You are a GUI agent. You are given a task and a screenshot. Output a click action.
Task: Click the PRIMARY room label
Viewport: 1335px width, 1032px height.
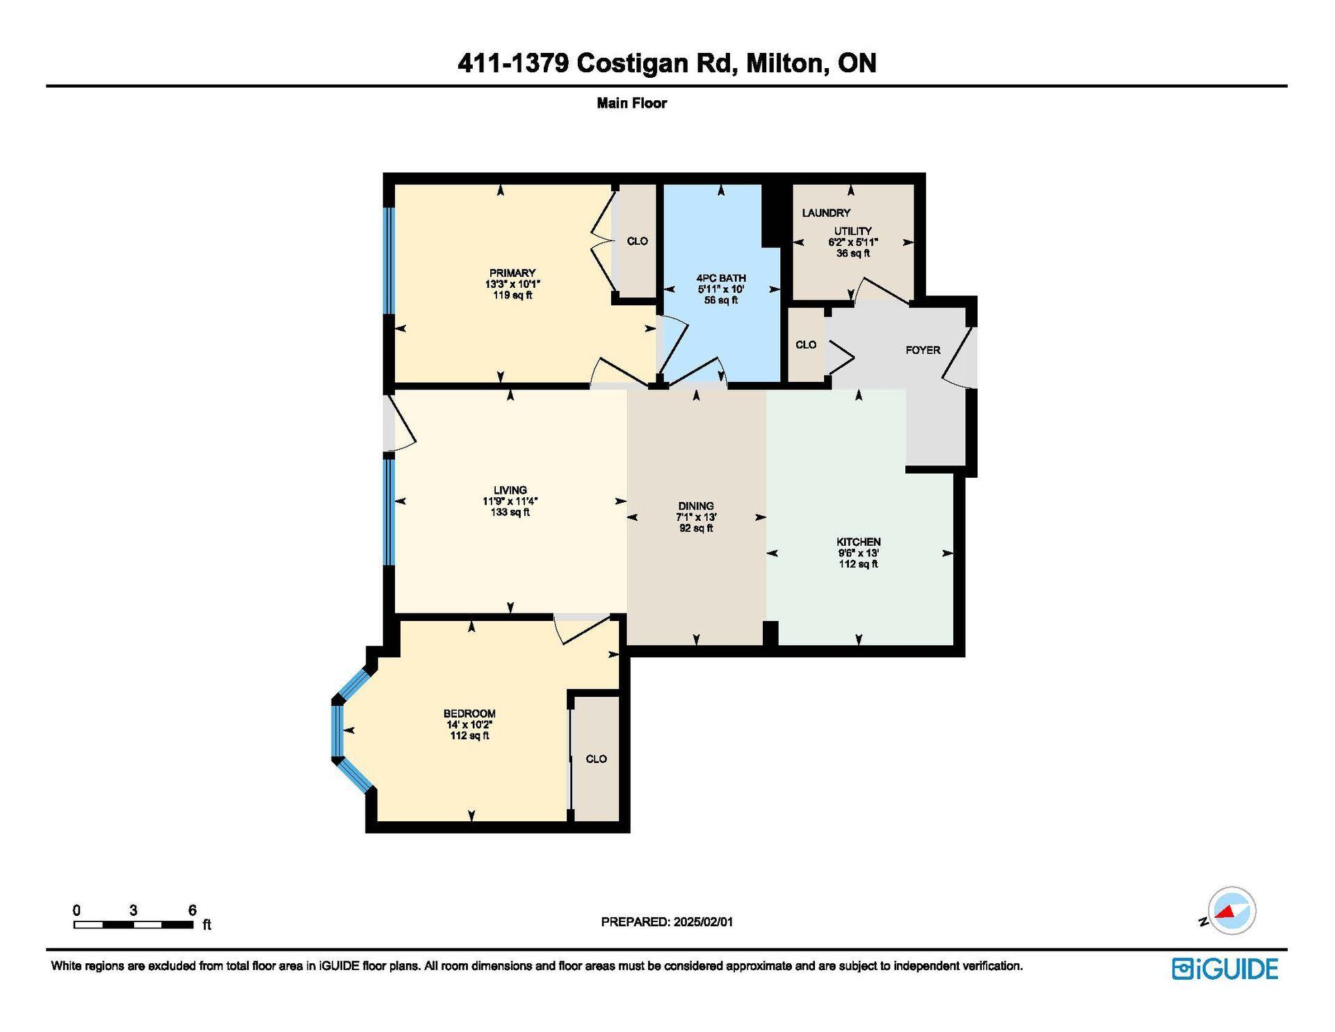click(x=512, y=273)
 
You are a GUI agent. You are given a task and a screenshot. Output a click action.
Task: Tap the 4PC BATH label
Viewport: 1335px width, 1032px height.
click(x=721, y=277)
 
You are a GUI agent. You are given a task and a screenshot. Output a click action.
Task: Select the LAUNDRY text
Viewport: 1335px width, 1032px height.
click(x=826, y=213)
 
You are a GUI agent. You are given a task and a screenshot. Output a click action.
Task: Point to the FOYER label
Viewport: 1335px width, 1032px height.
click(x=923, y=350)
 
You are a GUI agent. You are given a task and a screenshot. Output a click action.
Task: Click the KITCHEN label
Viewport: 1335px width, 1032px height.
click(x=859, y=542)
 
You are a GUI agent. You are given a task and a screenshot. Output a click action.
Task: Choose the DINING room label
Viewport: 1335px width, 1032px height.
click(x=696, y=506)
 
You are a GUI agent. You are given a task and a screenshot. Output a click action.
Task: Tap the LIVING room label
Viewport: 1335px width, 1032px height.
click(x=510, y=490)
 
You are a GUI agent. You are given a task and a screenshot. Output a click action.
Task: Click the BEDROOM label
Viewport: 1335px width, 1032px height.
click(x=469, y=713)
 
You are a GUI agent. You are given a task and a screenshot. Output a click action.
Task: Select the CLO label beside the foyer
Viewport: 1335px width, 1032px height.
click(x=806, y=345)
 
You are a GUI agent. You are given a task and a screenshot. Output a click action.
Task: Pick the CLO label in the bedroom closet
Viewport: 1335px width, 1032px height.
click(x=597, y=759)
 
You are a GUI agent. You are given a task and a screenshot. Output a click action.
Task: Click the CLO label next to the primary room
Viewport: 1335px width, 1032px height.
click(x=638, y=241)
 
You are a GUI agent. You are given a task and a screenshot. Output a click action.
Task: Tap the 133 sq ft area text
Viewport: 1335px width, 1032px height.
click(x=510, y=513)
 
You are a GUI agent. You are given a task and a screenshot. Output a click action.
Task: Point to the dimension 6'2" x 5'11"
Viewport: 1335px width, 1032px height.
click(x=853, y=242)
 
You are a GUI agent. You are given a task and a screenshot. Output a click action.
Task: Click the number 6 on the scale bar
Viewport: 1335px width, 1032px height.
click(x=193, y=910)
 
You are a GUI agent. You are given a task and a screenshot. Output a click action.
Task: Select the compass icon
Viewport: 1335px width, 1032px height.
click(x=1231, y=910)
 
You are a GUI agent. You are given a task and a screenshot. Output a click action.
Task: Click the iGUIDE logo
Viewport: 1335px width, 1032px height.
click(x=1225, y=969)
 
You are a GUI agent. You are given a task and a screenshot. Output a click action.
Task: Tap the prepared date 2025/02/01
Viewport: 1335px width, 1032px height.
click(x=703, y=922)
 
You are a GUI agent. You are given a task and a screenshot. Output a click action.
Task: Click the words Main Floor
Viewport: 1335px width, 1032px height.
click(x=632, y=103)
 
